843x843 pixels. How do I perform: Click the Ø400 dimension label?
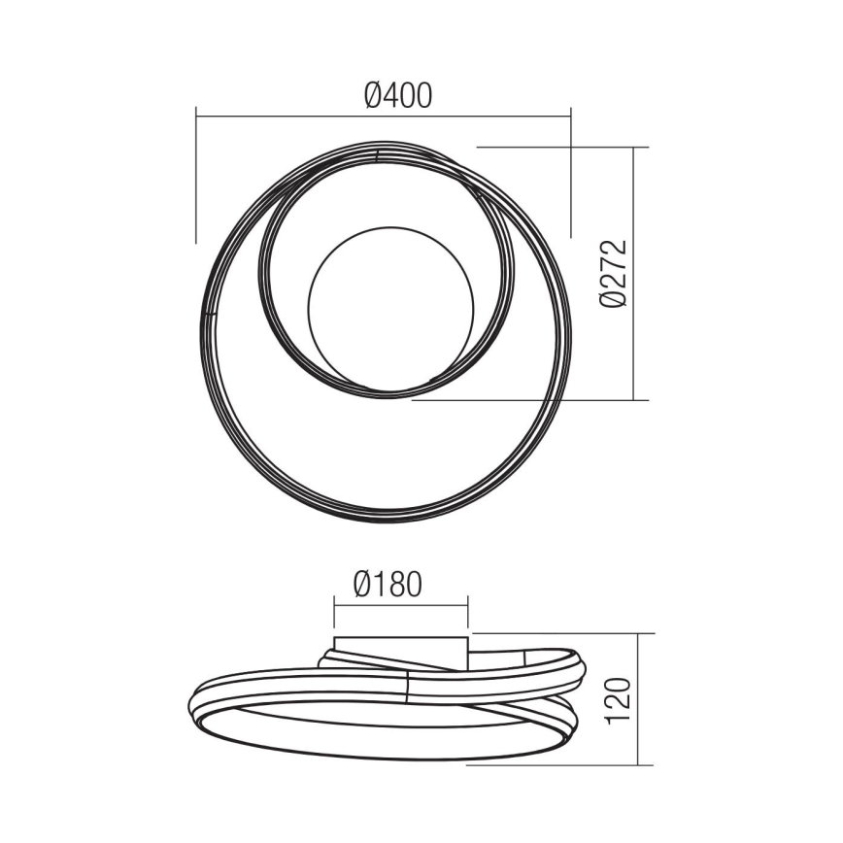point(398,94)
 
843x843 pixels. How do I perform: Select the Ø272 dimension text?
point(614,273)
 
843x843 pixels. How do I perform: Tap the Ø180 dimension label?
point(388,585)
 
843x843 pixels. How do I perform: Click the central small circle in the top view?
point(392,306)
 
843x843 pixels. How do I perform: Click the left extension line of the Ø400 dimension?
point(196,175)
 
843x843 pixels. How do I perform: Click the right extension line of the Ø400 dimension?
point(571,175)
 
